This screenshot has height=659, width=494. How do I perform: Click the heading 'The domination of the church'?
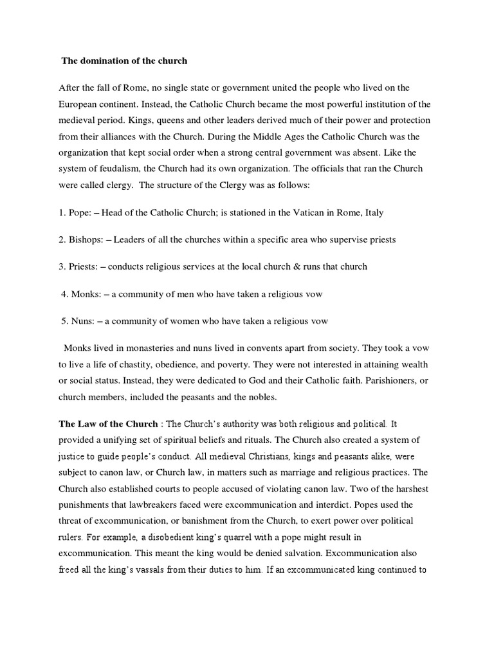(124, 61)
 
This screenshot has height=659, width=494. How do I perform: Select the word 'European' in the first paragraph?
(79, 104)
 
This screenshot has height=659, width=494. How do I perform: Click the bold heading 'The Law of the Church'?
(108, 424)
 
